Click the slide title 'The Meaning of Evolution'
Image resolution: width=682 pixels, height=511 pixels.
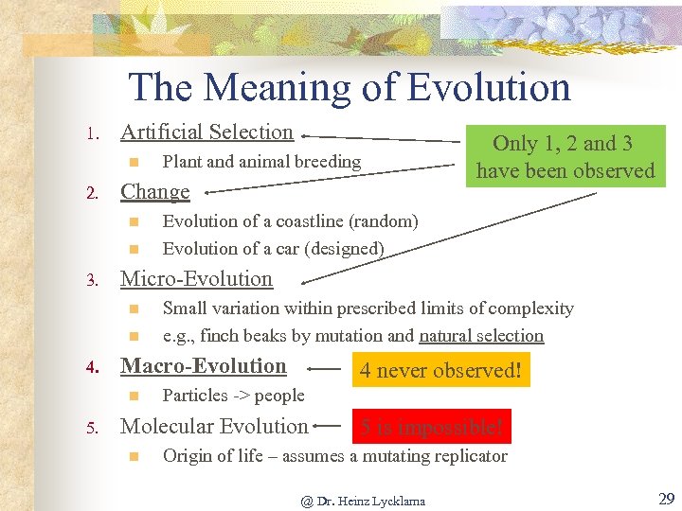pyautogui.click(x=350, y=87)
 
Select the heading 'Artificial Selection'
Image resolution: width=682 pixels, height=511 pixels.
pyautogui.click(x=206, y=132)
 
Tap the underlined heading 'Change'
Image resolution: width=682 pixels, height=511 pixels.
pyautogui.click(x=154, y=192)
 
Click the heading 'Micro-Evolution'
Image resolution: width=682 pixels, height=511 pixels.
pyautogui.click(x=196, y=279)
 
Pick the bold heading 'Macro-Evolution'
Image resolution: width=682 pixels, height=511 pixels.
pyautogui.click(x=204, y=366)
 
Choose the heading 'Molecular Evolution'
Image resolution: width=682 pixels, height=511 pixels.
pyautogui.click(x=214, y=427)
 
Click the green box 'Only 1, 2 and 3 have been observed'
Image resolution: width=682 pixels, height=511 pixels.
pyautogui.click(x=565, y=157)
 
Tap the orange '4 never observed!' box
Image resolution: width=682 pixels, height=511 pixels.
pyautogui.click(x=440, y=370)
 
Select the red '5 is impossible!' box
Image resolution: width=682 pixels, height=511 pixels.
pyautogui.click(x=431, y=428)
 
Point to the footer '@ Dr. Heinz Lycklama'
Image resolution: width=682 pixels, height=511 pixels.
pyautogui.click(x=363, y=501)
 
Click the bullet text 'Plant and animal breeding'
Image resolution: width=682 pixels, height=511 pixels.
pyautogui.click(x=261, y=162)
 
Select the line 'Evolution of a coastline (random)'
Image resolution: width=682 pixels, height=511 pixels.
pyautogui.click(x=290, y=221)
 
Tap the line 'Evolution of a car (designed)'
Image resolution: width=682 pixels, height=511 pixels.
pyautogui.click(x=273, y=249)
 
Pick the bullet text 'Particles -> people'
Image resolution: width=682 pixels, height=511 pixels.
pyautogui.click(x=233, y=396)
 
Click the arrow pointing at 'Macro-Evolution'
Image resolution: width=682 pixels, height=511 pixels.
pyautogui.click(x=325, y=370)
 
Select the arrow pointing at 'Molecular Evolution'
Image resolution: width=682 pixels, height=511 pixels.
pyautogui.click(x=330, y=428)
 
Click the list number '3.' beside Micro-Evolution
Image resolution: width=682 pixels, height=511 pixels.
pyautogui.click(x=91, y=281)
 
